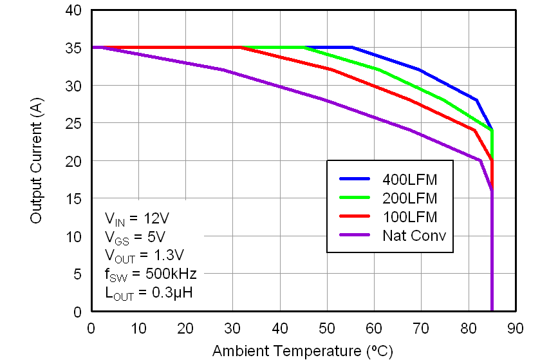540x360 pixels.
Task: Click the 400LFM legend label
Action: tap(409, 179)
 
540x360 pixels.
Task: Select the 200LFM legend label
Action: tap(409, 198)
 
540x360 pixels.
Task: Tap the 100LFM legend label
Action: tap(409, 216)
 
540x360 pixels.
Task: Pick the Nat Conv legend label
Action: tap(414, 235)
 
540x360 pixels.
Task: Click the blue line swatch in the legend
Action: tap(353, 179)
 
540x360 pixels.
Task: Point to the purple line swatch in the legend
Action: tap(353, 235)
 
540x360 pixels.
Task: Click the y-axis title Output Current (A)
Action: tap(36, 161)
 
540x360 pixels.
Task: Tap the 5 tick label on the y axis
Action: tap(77, 274)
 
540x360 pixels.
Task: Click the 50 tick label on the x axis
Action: tap(327, 329)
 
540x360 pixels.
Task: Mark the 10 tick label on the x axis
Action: tap(138, 329)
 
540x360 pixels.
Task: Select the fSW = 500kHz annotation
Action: tap(150, 274)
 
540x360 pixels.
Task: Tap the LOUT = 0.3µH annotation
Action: tap(148, 293)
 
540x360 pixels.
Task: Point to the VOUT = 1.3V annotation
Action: tap(144, 254)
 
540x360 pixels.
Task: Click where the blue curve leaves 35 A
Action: tap(352, 47)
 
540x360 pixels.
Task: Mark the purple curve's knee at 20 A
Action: tap(480, 160)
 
